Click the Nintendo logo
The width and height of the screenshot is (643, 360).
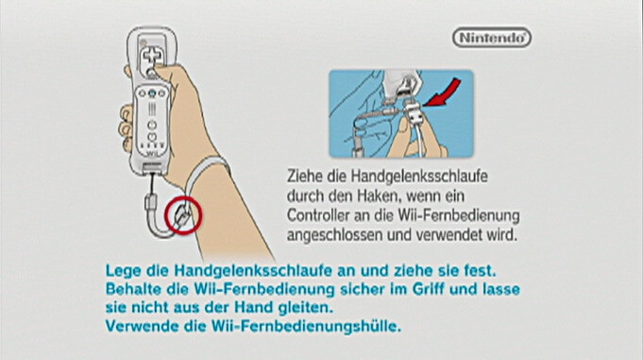point(492,38)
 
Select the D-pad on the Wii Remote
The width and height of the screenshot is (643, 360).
point(152,56)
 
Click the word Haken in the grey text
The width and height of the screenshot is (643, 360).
point(377,196)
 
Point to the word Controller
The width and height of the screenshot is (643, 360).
point(318,215)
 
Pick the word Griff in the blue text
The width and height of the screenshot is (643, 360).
point(428,289)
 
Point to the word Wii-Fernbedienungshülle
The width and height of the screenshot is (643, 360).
point(306,326)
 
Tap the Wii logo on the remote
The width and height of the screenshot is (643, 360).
point(152,153)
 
